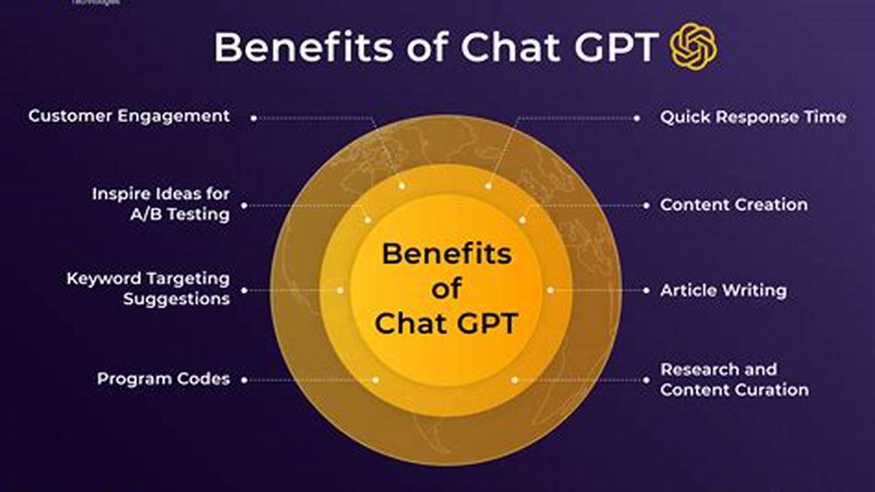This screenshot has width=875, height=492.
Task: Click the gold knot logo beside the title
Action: click(x=694, y=46)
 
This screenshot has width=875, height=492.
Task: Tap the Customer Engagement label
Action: click(x=129, y=116)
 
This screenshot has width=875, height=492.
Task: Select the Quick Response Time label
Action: click(x=753, y=118)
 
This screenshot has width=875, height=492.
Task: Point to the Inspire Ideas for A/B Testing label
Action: click(x=161, y=204)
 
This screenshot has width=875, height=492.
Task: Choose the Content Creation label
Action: click(x=733, y=204)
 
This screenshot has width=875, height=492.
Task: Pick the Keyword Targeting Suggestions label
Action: click(x=148, y=288)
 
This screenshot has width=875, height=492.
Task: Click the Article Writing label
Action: click(x=723, y=290)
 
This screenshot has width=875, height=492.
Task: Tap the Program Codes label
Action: click(x=164, y=379)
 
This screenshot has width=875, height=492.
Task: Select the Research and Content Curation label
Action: click(x=734, y=379)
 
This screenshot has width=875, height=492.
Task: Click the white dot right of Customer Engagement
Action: click(x=253, y=118)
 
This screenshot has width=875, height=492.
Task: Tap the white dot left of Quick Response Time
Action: click(x=637, y=118)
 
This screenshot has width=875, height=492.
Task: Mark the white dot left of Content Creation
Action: click(x=646, y=205)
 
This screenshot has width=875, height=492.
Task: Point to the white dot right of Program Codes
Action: click(x=244, y=380)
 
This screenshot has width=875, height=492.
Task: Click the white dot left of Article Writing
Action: click(x=646, y=290)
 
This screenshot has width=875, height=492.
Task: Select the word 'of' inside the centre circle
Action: click(x=446, y=288)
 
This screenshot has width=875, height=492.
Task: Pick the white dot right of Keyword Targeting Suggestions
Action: click(x=244, y=290)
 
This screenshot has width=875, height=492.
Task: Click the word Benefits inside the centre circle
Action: click(x=446, y=254)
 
